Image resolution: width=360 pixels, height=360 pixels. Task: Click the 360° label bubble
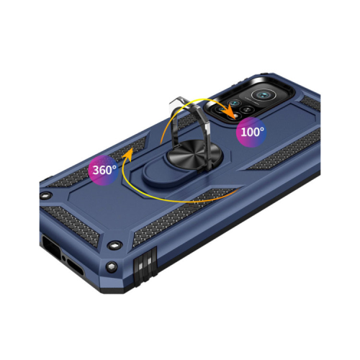103,170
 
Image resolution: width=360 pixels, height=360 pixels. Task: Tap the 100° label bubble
251,132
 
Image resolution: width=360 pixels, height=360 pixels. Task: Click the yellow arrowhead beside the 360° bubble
129,154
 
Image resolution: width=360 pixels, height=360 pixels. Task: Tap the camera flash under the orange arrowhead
237,117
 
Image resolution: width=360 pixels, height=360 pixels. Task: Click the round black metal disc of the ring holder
194,153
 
